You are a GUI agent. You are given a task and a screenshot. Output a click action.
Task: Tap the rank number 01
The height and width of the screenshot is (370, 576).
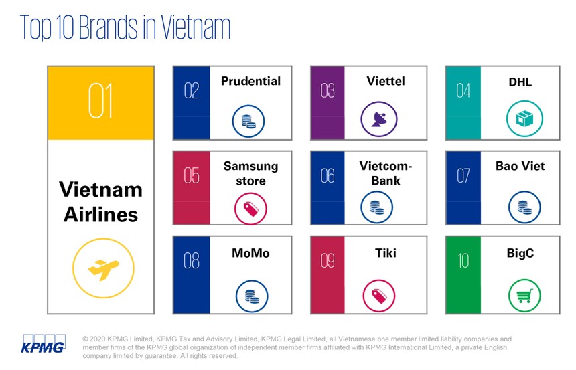(x=100, y=102)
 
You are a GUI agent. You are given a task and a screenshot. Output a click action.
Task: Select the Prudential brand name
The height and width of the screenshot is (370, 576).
(x=251, y=82)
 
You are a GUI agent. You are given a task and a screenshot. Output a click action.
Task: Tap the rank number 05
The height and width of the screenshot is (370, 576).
(x=192, y=175)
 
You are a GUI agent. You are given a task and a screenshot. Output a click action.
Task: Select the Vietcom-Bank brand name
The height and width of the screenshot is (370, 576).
(x=379, y=173)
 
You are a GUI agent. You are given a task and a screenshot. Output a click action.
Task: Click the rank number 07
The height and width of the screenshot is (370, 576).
(x=463, y=175)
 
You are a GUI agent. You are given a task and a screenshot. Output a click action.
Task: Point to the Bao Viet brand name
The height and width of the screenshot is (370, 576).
(x=520, y=165)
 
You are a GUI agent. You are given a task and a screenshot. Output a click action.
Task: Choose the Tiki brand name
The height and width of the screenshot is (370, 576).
(x=386, y=253)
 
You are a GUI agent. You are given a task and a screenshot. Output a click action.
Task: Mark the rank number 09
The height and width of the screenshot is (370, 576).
(x=328, y=260)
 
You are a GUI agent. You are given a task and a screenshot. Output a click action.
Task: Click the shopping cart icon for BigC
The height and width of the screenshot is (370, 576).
(x=523, y=295)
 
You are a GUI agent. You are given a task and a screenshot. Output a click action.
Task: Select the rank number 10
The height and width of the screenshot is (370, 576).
(x=463, y=260)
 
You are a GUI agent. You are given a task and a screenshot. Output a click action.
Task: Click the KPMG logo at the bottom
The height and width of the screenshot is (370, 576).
(x=44, y=345)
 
